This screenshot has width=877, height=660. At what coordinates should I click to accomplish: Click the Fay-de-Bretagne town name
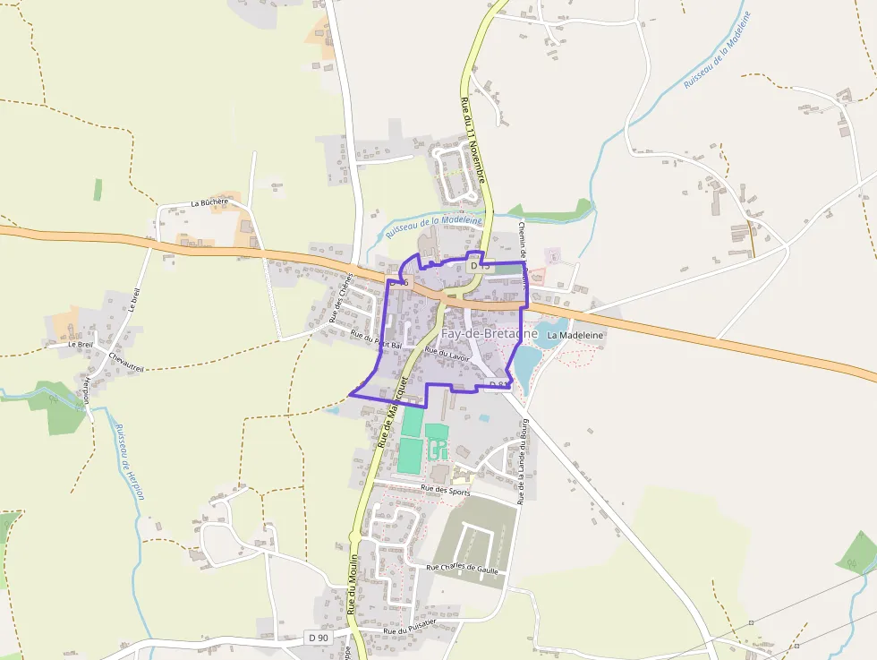coord(489,334)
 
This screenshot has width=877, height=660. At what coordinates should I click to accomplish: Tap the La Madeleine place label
coord(576,335)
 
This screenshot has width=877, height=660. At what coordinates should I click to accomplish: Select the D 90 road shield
coord(318,638)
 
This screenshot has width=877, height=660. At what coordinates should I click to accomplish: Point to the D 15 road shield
coord(479,266)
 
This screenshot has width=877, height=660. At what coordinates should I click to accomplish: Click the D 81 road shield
coord(498,385)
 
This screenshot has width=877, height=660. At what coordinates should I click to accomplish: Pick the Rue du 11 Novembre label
coord(473,140)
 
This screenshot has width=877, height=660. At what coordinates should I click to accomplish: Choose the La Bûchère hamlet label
coord(210,203)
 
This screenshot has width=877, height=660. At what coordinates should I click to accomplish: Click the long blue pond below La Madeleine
coord(525,361)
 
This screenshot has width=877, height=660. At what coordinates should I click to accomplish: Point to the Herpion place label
coord(87,390)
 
